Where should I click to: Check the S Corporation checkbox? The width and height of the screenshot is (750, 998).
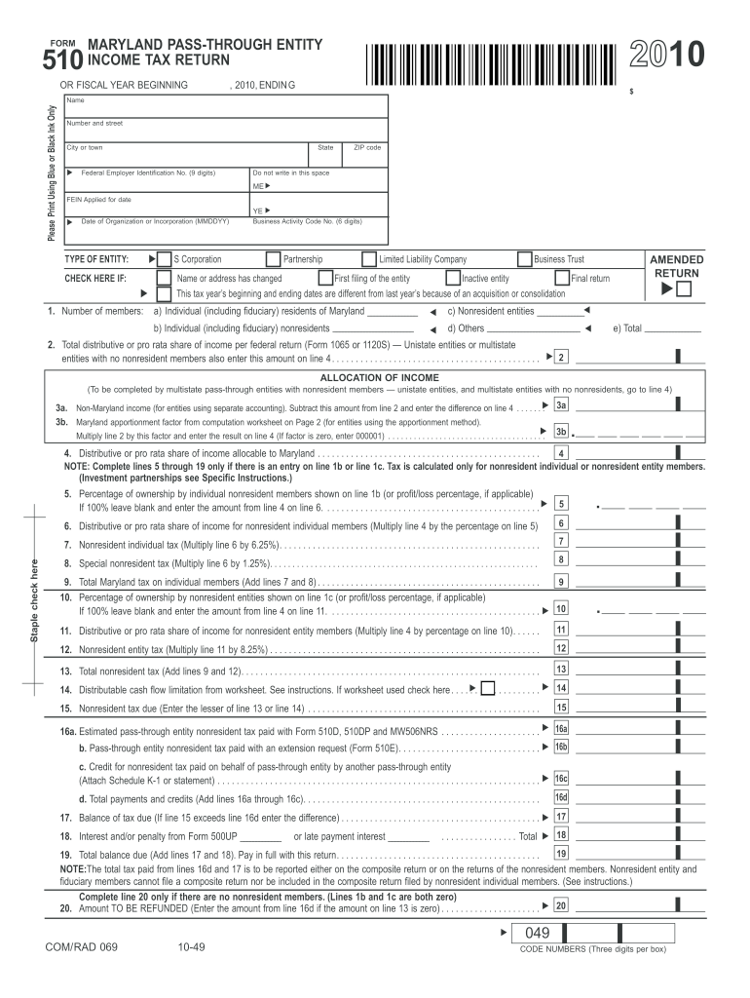(165, 259)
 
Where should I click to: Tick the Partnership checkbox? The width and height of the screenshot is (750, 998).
(274, 259)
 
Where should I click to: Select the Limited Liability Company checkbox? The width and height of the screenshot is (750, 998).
(369, 259)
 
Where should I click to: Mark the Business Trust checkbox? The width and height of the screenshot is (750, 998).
(527, 259)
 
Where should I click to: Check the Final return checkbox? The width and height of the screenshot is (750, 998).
(562, 278)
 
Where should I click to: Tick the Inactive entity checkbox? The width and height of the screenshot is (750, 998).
(453, 278)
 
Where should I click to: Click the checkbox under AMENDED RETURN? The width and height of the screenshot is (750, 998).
(685, 289)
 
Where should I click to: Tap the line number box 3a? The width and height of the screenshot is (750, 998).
(561, 405)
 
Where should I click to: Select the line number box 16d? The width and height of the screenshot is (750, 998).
(561, 797)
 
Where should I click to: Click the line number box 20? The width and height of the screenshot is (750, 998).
(561, 905)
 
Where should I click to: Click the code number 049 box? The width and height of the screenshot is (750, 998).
(537, 933)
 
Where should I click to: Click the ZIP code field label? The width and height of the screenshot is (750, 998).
(366, 147)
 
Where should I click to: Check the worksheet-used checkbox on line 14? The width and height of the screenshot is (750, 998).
(488, 688)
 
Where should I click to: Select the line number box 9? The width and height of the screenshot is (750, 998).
(561, 582)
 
